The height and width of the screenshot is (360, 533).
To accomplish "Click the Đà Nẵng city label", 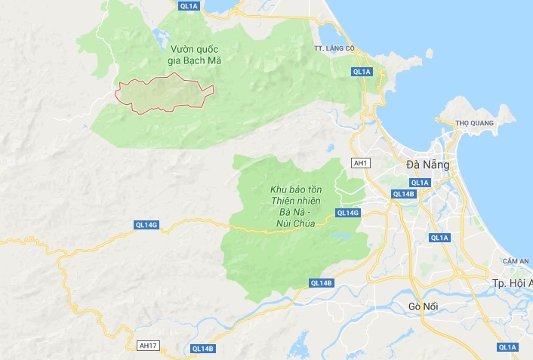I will [427, 164].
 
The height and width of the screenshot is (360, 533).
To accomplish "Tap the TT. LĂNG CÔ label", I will [334, 48].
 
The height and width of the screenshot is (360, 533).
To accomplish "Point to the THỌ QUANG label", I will [474, 123].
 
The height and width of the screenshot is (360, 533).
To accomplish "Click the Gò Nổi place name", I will [423, 306].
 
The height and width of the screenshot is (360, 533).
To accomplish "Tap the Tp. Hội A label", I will [512, 282].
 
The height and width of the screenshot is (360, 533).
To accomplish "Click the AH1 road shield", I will [360, 162].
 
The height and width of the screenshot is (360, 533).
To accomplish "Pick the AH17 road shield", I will [149, 345].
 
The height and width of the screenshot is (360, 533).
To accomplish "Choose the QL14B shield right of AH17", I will [203, 348].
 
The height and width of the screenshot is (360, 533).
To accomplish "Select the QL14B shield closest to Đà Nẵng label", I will [404, 194].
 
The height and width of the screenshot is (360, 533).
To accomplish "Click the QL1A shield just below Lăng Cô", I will [362, 72].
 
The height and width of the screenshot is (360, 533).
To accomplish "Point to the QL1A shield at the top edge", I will [189, 5].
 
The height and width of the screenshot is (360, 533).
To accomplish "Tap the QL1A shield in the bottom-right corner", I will [508, 347].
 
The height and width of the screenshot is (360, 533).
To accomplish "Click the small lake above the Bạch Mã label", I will [159, 35].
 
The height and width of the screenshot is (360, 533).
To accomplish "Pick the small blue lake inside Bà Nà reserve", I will [342, 235].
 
